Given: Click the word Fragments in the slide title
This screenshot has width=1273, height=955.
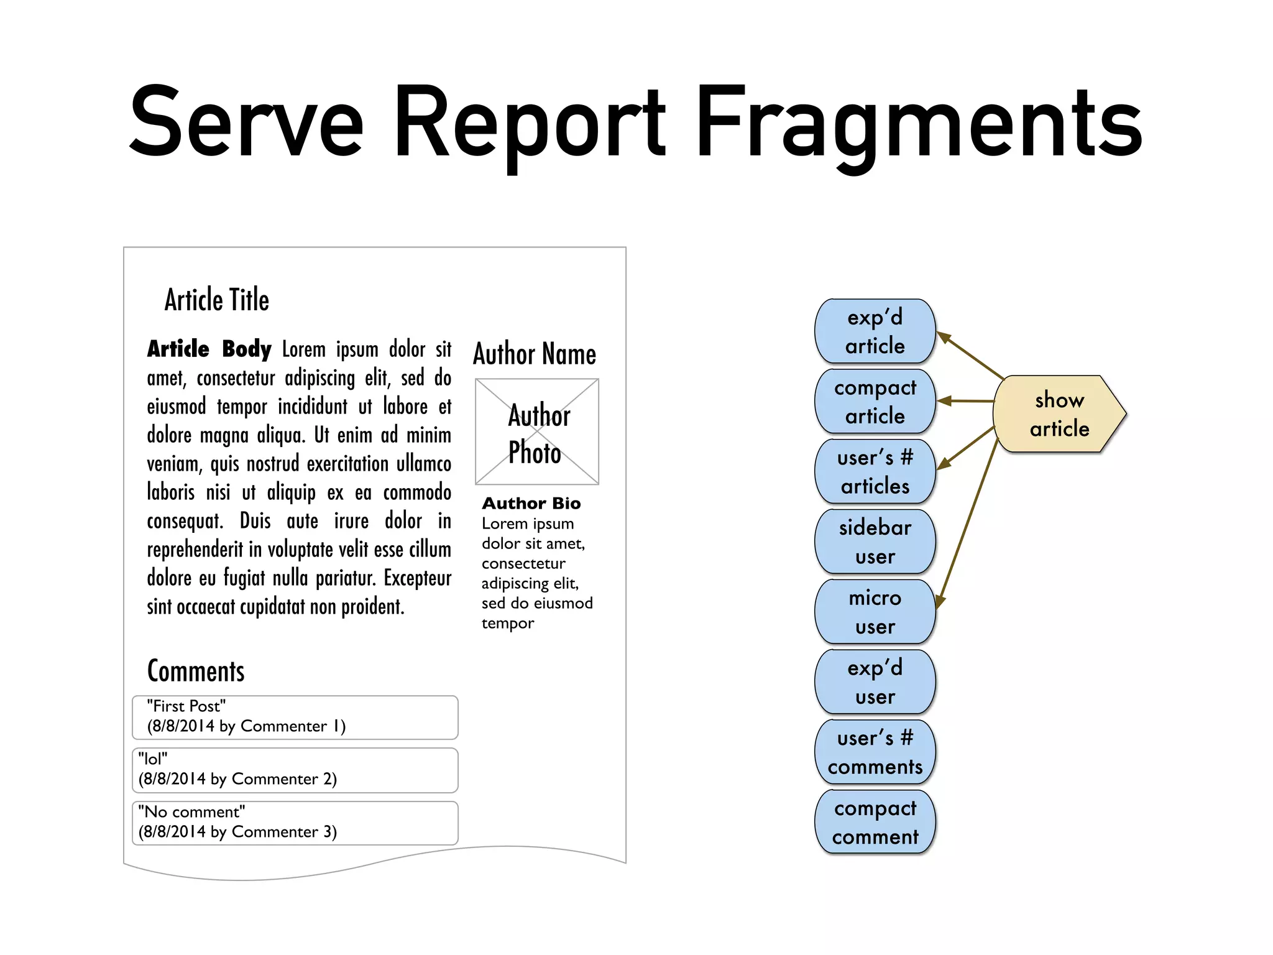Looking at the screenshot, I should (919, 124).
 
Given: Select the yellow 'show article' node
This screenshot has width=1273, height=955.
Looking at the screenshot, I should (1059, 414).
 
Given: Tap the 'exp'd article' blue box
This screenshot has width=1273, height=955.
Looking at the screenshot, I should (875, 331).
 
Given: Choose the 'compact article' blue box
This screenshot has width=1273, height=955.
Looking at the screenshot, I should (875, 402).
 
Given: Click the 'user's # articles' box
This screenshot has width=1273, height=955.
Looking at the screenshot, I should (875, 472).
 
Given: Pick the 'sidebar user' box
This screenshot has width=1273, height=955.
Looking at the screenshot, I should (875, 542).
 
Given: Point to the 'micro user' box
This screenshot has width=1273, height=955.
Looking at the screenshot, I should (875, 612).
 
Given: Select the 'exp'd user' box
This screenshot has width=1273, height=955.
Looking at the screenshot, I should (875, 682).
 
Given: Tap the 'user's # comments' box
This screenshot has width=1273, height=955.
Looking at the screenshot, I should (875, 752).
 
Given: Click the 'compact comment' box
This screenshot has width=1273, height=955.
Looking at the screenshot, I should (875, 822).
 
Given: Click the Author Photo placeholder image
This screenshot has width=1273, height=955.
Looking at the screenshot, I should (537, 431).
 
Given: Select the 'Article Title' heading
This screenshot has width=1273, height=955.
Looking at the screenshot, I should (217, 300).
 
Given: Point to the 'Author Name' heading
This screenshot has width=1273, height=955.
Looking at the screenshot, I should (535, 354).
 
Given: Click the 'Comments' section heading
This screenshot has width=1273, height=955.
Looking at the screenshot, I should (196, 671).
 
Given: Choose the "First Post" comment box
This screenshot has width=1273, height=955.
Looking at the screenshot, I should (295, 717).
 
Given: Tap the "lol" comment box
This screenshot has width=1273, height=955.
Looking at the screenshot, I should (295, 770).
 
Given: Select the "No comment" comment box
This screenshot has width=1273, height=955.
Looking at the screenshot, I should (295, 823).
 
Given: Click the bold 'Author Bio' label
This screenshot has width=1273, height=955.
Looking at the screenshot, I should (531, 503).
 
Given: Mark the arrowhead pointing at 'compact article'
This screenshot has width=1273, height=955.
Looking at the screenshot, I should (944, 401).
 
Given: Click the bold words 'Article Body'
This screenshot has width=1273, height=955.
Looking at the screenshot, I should (209, 349).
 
